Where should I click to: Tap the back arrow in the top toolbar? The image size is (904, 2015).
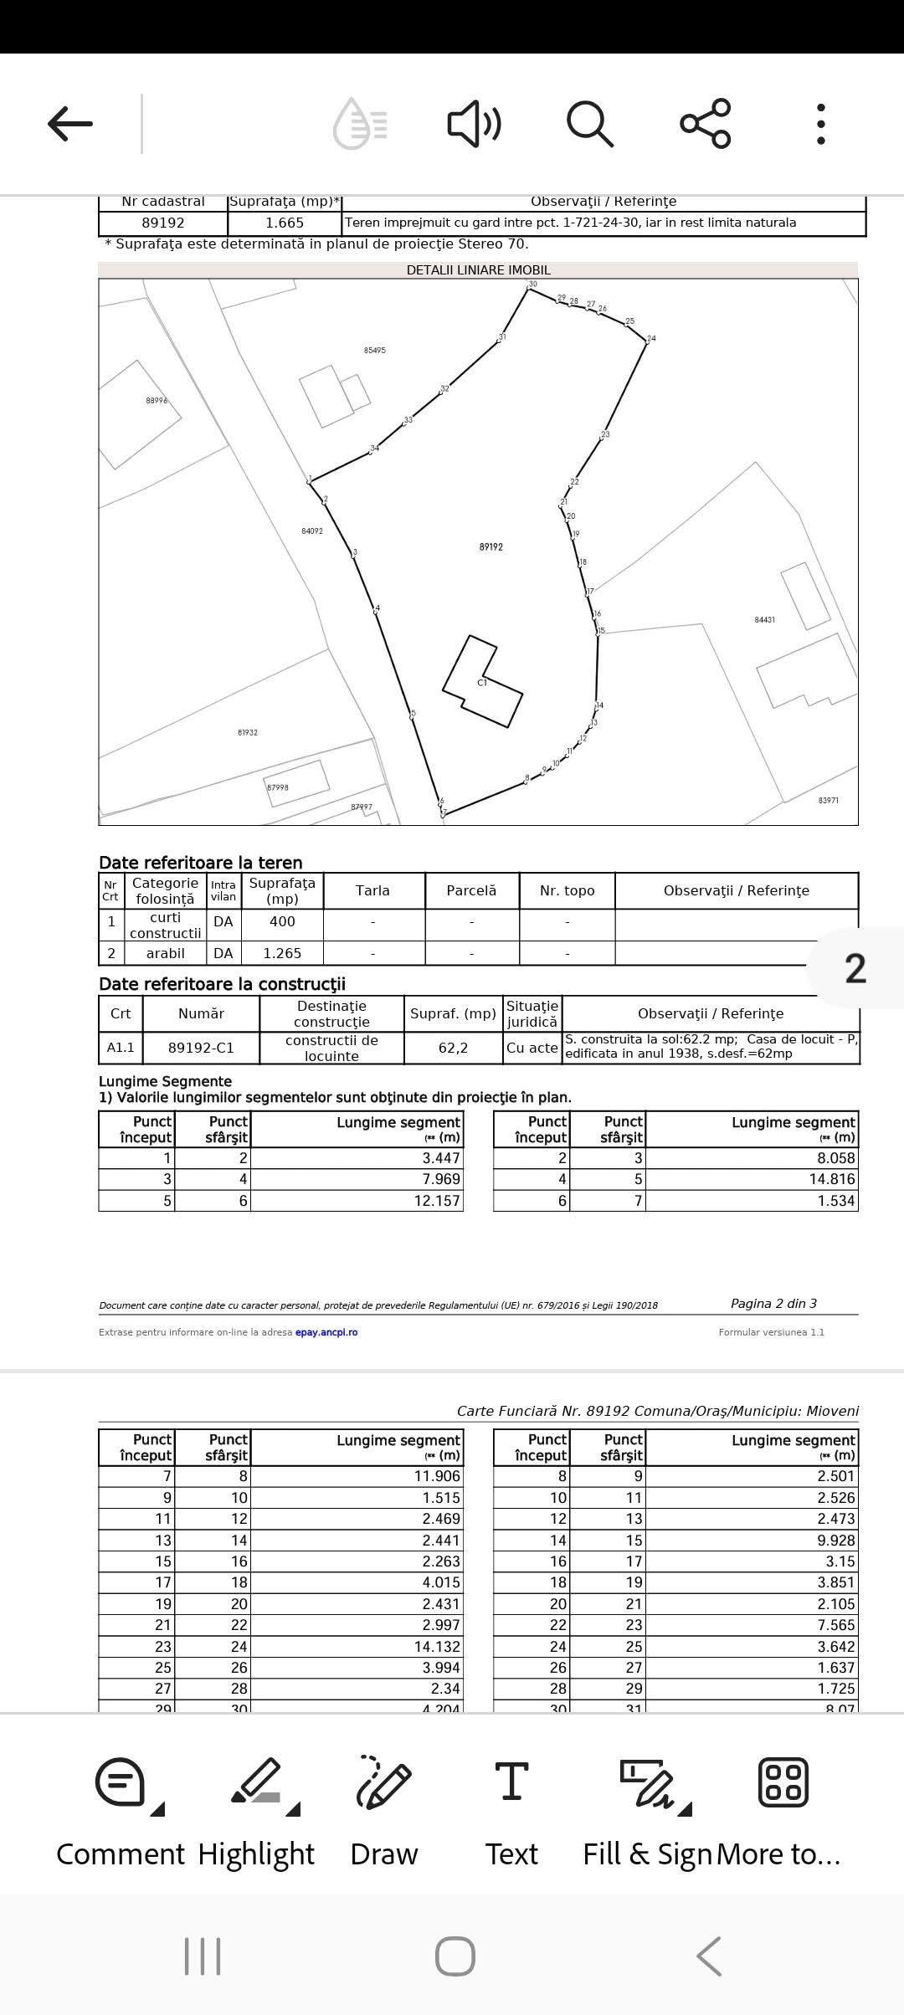(70, 124)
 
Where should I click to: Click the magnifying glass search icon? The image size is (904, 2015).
(590, 124)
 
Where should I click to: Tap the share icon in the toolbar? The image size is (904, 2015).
(706, 124)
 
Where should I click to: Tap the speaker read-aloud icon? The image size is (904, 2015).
(474, 124)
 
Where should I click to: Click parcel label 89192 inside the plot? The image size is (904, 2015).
(491, 547)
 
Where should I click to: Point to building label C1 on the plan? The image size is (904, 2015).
(482, 683)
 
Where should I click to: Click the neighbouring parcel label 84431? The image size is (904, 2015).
(764, 620)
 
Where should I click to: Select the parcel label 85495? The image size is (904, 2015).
(375, 351)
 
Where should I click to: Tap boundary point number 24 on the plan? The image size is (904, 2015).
(651, 339)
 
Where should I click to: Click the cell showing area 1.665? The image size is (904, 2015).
(285, 223)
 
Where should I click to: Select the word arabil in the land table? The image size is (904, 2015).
(166, 953)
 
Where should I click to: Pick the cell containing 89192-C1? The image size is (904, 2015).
(201, 1048)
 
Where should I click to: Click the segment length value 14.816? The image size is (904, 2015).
(832, 1179)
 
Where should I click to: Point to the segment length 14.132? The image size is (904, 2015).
(437, 1646)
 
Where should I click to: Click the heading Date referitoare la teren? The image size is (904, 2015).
(201, 863)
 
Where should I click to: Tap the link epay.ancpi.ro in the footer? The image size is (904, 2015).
(326, 1332)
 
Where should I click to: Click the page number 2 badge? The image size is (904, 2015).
(855, 968)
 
